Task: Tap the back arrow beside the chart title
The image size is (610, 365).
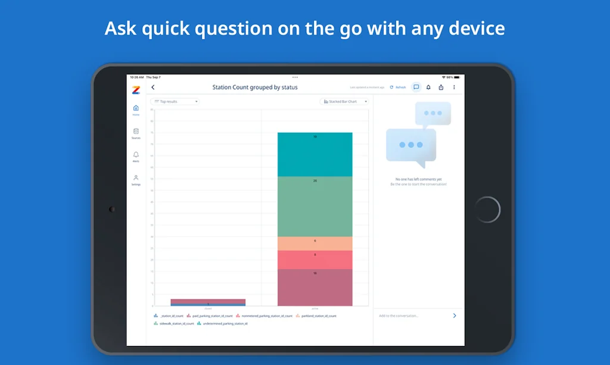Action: pos(153,88)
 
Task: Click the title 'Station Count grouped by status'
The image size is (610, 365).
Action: pos(255,88)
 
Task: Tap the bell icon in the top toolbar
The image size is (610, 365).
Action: pos(428,88)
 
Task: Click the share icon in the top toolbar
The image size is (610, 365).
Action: pos(441,88)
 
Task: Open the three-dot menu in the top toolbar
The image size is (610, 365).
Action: pos(454,88)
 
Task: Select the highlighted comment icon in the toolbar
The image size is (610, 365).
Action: pos(416,88)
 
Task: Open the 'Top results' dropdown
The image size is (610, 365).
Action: pos(175,102)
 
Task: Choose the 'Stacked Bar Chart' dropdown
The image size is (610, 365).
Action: pos(344,102)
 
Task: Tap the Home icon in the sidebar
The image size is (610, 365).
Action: pos(136,110)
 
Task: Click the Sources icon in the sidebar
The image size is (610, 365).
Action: pos(136,133)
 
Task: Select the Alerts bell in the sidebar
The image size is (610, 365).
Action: pos(136,157)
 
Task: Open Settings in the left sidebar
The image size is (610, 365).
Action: pos(136,180)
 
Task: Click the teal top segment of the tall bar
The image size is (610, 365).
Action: pos(315,155)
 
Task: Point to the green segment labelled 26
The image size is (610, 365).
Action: pos(315,207)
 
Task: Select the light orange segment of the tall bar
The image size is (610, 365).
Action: pos(315,244)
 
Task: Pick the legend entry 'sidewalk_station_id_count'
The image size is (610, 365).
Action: pos(176,324)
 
